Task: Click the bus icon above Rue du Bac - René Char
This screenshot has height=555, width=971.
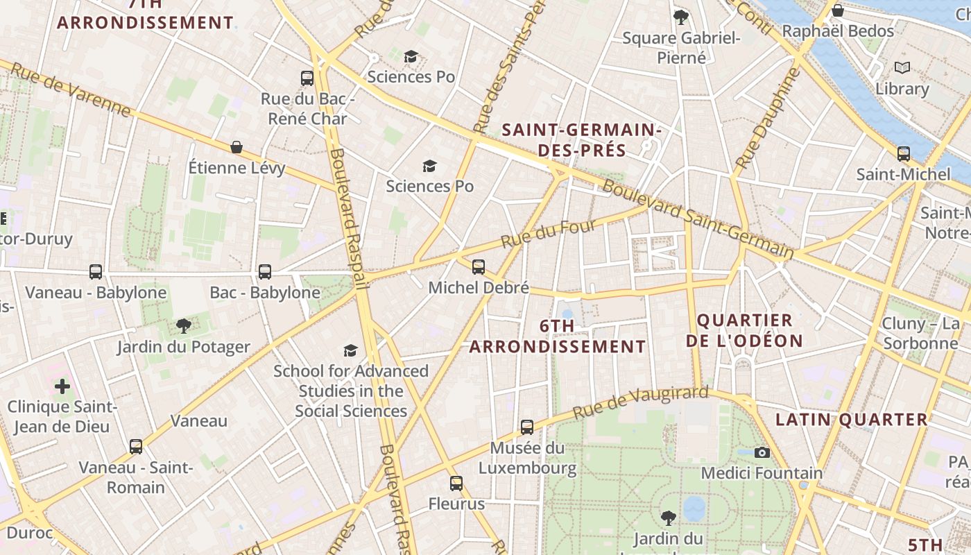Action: [307, 78]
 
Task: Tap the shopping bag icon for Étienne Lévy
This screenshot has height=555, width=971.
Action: [237, 147]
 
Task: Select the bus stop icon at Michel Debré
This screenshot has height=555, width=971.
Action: [478, 266]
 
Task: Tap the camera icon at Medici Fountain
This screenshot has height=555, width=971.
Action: [762, 452]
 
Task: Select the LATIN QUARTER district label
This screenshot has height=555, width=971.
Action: [851, 419]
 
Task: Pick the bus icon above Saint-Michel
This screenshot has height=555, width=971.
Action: [903, 153]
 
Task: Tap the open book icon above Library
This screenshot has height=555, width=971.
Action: [902, 68]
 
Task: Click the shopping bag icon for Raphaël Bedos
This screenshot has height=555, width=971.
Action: [837, 10]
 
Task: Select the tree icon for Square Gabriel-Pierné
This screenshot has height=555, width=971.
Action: [681, 17]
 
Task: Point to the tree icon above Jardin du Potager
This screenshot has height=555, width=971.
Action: [183, 325]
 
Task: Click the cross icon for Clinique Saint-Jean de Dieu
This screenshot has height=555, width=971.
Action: [62, 386]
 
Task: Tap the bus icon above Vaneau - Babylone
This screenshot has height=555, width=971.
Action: [96, 271]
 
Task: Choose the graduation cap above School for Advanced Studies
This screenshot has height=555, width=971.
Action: [350, 350]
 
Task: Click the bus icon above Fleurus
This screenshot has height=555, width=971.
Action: [456, 483]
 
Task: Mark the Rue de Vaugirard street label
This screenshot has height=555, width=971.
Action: [639, 402]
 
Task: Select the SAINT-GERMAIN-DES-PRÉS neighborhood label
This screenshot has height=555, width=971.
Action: [581, 139]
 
